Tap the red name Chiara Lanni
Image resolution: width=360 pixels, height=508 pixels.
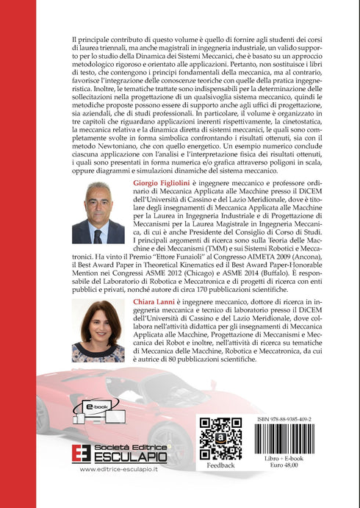(x=155, y=303)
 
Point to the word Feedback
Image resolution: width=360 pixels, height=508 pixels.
(x=221, y=465)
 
